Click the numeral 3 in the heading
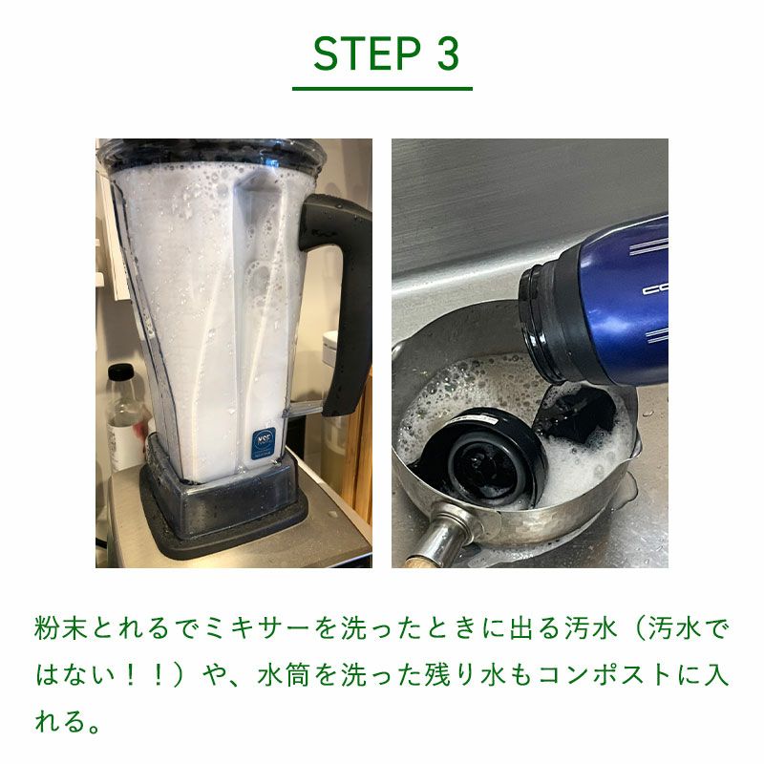(x=448, y=53)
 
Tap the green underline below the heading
(x=382, y=89)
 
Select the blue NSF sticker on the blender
(x=264, y=443)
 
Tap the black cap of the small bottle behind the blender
(x=120, y=372)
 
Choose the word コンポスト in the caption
(x=606, y=675)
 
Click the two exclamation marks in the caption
(x=144, y=675)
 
